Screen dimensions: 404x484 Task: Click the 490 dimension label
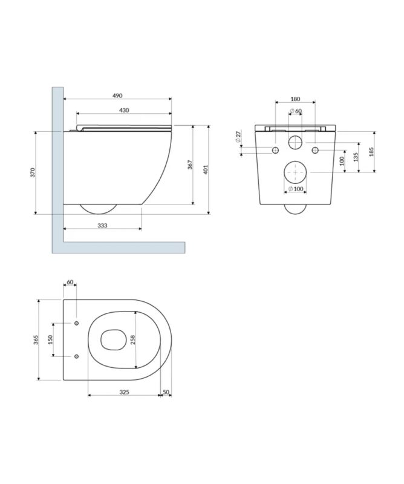click(x=117, y=96)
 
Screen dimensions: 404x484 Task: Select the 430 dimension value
click(x=124, y=110)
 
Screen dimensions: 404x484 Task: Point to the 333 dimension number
click(x=102, y=226)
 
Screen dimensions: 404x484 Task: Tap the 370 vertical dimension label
click(x=33, y=172)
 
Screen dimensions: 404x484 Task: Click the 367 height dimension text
click(x=190, y=165)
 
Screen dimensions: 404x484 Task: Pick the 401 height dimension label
click(x=206, y=169)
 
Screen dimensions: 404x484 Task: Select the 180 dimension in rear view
click(x=295, y=99)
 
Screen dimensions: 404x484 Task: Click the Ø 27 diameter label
click(x=238, y=137)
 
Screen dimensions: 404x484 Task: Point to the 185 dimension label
click(x=371, y=152)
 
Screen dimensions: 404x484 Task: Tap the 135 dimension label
click(x=356, y=157)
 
